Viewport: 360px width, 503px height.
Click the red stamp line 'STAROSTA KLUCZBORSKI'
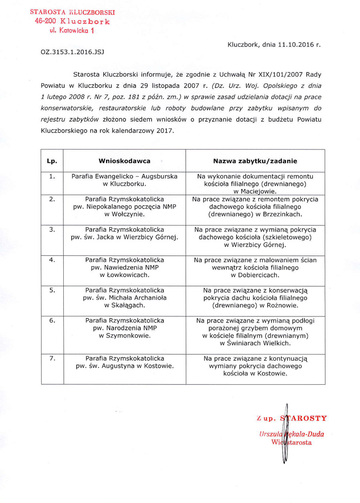click(73, 12)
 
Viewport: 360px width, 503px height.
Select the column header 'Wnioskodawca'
click(124, 161)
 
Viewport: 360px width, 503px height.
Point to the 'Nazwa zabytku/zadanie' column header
click(255, 161)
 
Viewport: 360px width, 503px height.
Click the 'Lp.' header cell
click(52, 161)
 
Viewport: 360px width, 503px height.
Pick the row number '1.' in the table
click(52, 176)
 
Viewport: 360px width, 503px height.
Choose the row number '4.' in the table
click(52, 260)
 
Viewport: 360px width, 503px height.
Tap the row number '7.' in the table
click(52, 358)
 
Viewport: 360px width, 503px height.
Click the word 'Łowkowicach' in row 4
click(128, 275)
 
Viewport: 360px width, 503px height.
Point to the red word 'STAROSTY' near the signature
click(303, 418)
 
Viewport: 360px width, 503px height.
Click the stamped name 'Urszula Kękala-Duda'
click(292, 434)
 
